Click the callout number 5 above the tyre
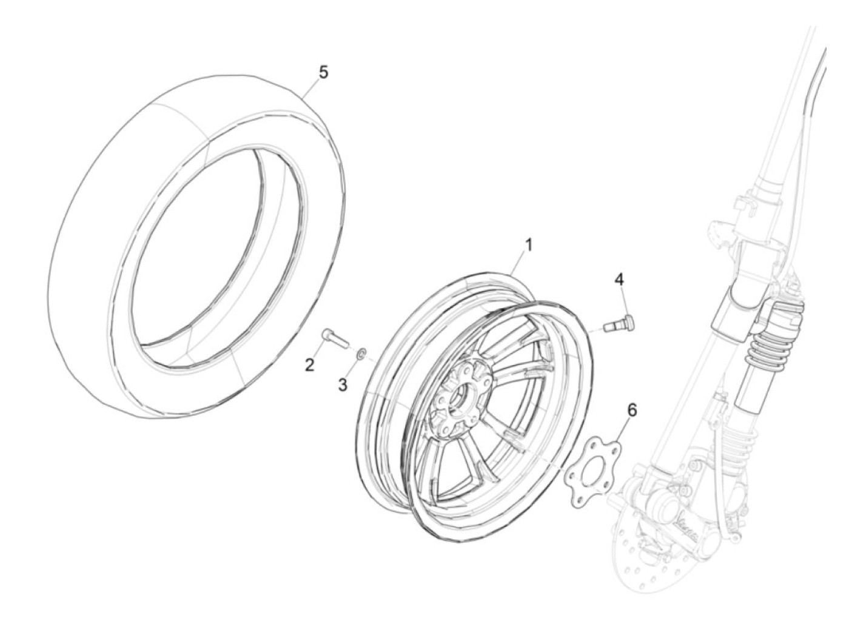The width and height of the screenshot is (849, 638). coord(323,72)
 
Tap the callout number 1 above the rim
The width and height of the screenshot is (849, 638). coord(528,244)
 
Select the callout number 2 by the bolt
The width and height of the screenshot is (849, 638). coord(309,364)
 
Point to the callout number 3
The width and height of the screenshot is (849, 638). coord(343,384)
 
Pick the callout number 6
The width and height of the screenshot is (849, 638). coord(632,410)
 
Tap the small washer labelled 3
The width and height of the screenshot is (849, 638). coord(362,352)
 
